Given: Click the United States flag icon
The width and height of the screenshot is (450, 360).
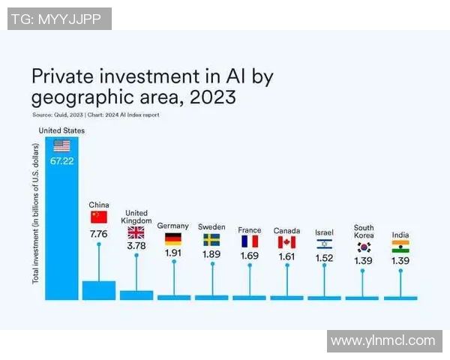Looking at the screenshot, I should [x=61, y=145].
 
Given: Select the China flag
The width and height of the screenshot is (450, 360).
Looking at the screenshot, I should [x=99, y=217].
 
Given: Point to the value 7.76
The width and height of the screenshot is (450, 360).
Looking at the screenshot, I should [x=99, y=234].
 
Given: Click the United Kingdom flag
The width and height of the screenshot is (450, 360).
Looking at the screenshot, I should [x=136, y=232].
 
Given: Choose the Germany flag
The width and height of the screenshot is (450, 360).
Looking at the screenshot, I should [x=173, y=239].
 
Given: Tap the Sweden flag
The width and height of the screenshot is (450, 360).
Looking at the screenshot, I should [x=211, y=240].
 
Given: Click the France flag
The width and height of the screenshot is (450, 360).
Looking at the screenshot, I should [x=249, y=241].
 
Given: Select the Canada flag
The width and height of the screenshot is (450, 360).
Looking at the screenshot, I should [x=286, y=242].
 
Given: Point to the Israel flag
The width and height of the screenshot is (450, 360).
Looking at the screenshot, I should [x=324, y=244].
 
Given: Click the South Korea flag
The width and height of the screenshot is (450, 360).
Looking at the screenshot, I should [x=364, y=247].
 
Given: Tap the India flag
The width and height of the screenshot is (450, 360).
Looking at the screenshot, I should [x=400, y=247].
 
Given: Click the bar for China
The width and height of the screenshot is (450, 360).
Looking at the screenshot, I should [x=99, y=290].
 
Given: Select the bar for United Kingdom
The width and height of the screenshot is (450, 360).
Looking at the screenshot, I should [x=136, y=295].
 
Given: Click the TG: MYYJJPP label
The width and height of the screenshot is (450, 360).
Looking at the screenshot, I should [x=60, y=19].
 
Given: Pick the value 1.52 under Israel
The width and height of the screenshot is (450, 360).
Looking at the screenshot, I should [x=324, y=259].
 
